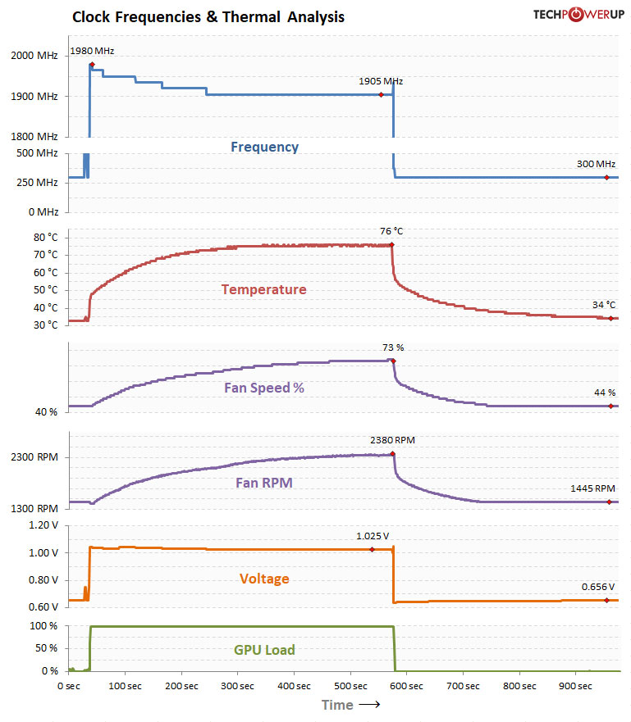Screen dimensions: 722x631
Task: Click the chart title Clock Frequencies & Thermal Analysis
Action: point(208,16)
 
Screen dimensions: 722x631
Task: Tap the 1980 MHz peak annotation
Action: point(92,51)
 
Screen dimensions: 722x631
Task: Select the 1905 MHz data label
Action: point(381,81)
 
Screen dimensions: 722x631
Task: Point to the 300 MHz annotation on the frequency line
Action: point(596,164)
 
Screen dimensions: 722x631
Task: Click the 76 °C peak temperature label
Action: point(391,231)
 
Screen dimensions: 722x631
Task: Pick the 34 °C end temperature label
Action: point(603,305)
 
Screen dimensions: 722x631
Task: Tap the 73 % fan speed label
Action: point(393,347)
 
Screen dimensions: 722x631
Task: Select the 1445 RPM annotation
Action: point(592,488)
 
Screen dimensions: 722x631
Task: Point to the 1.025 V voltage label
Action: point(372,536)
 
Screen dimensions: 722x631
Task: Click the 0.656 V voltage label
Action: point(598,587)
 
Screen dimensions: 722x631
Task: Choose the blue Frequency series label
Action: point(264,148)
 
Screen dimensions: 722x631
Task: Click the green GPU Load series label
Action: point(264,651)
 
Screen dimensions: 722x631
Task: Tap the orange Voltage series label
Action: point(264,579)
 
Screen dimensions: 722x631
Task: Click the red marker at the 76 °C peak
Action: point(392,244)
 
